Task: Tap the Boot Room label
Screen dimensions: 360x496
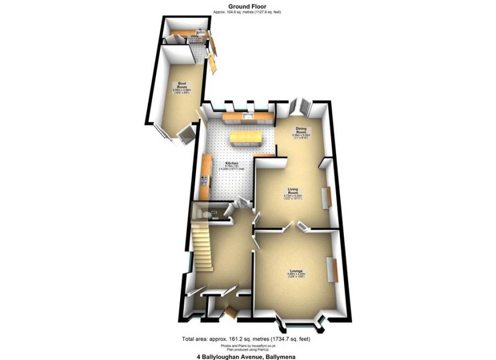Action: [182, 85]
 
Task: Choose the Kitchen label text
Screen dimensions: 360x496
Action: [231, 164]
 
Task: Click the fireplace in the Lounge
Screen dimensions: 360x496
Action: [333, 270]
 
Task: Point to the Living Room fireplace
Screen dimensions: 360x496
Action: [326, 196]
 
